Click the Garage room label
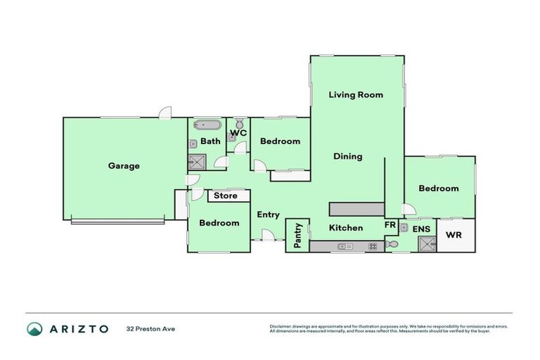(x=124, y=166)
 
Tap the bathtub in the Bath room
(x=206, y=127)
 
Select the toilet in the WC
(x=238, y=122)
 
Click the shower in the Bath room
(x=197, y=162)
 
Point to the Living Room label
(x=356, y=94)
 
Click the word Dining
(x=347, y=156)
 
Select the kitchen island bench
(x=356, y=209)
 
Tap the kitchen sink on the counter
(x=345, y=246)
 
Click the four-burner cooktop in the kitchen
(x=373, y=246)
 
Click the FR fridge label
(x=390, y=225)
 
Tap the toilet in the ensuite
(x=392, y=244)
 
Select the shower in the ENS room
(x=426, y=244)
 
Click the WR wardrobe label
(x=454, y=234)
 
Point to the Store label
(x=226, y=195)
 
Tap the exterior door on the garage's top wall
(x=165, y=113)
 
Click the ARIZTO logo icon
(x=34, y=328)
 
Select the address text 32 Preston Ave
(x=150, y=328)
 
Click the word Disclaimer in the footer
(x=281, y=326)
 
